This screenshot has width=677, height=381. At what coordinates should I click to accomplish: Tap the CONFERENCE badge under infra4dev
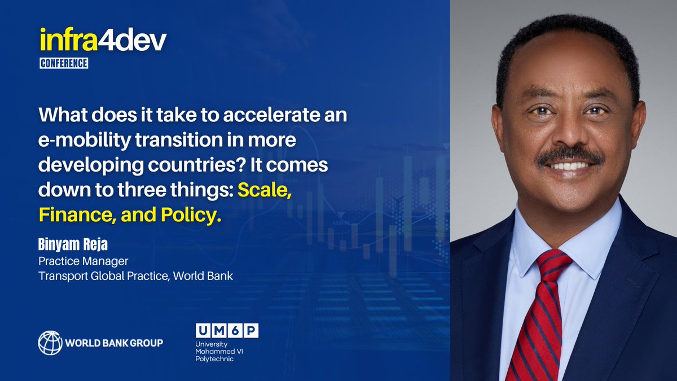[x=64, y=63]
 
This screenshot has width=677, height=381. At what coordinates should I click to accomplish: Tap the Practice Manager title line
[x=83, y=262]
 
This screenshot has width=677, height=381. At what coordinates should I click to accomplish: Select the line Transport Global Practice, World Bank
[x=135, y=277]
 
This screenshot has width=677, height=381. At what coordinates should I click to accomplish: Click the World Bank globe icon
[x=50, y=343]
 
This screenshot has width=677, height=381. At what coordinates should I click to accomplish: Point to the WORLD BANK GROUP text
[x=114, y=343]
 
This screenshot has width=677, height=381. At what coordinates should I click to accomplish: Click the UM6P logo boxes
[x=227, y=331]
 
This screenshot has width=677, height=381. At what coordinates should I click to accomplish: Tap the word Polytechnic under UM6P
[x=216, y=359]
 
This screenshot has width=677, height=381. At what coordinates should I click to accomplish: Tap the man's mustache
[x=569, y=155]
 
